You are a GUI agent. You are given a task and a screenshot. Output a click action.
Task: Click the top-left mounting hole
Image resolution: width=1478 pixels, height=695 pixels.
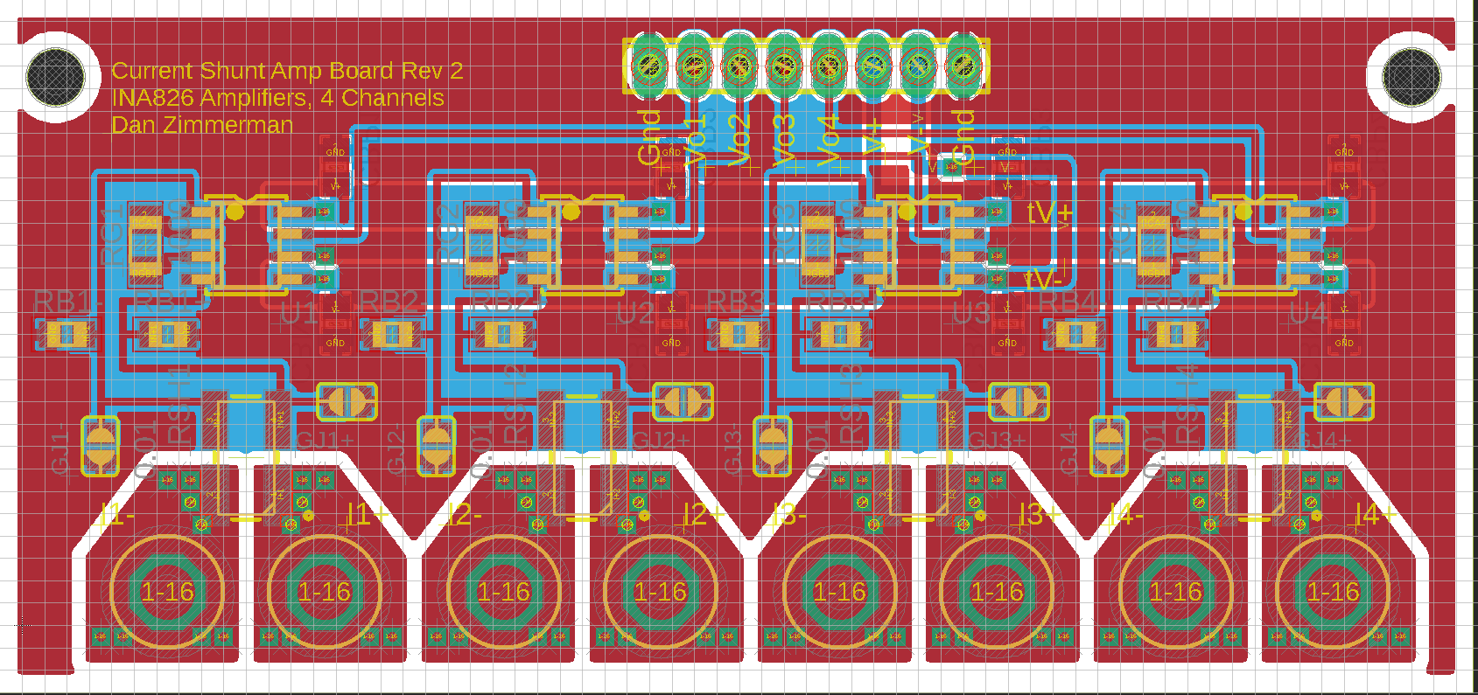[56, 76]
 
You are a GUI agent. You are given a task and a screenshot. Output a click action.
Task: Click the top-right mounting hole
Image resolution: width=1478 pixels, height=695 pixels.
[1411, 76]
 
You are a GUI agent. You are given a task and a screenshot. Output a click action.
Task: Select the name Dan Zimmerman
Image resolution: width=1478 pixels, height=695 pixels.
[202, 125]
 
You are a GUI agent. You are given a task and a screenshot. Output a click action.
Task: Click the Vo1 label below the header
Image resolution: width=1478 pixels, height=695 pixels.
[695, 140]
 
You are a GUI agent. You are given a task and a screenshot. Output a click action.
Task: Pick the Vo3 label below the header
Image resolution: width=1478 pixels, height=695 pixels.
[785, 140]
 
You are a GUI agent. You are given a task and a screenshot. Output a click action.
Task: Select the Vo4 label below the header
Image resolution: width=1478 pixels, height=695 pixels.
[830, 140]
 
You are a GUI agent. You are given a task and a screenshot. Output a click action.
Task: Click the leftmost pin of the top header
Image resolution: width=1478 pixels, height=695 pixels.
[649, 66]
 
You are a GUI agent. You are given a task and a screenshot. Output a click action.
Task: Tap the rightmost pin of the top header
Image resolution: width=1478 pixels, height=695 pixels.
[962, 66]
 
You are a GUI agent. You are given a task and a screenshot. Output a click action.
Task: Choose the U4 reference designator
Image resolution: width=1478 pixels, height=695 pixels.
[1308, 313]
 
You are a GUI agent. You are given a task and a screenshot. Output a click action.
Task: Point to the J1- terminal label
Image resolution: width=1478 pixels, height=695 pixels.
[116, 515]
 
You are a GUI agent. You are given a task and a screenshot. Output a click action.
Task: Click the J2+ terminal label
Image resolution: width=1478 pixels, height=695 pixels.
[702, 515]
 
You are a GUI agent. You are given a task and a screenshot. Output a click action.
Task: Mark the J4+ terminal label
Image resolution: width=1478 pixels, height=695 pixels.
[1374, 515]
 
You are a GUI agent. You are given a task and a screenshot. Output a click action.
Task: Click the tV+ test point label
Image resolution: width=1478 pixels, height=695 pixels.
[1049, 212]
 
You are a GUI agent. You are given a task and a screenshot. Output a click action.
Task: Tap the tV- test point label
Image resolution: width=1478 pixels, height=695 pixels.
[1043, 279]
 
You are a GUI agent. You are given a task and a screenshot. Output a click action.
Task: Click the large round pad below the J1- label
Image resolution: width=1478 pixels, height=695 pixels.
[167, 592]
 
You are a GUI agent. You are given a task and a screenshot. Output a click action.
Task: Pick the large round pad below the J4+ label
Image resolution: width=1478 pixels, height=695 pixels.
[1332, 592]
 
